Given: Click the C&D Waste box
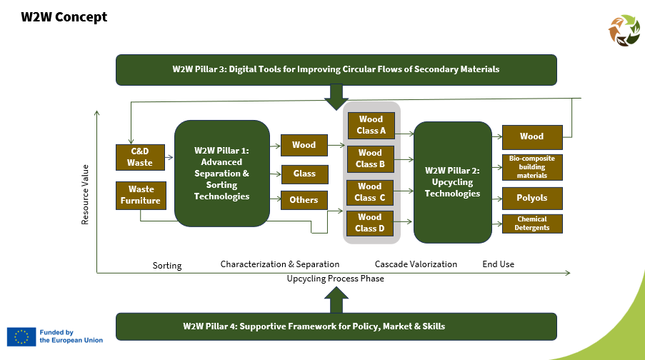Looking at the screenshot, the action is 140,157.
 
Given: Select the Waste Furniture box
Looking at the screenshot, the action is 141,196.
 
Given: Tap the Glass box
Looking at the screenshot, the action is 305,174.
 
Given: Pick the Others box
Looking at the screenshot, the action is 304,201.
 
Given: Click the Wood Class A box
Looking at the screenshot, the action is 371,125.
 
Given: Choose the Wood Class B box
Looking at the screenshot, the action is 370,159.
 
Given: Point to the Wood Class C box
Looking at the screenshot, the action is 370,193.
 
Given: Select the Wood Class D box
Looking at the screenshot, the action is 370,223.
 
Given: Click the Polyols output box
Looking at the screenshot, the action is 532,199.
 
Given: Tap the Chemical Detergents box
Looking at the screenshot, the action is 532,224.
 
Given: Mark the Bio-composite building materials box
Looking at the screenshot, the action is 532,167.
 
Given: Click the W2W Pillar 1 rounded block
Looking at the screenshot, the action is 222,173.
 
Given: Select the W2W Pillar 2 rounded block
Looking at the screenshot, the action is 452,182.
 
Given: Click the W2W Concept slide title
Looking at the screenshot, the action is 64,17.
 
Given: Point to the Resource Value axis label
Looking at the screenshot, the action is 85,194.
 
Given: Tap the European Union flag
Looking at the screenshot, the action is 21,337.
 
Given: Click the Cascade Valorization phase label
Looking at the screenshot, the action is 416,264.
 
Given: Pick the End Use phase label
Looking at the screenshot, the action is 498,264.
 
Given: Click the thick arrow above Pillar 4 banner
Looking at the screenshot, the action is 336,299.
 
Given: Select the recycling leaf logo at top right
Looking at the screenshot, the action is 624,31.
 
